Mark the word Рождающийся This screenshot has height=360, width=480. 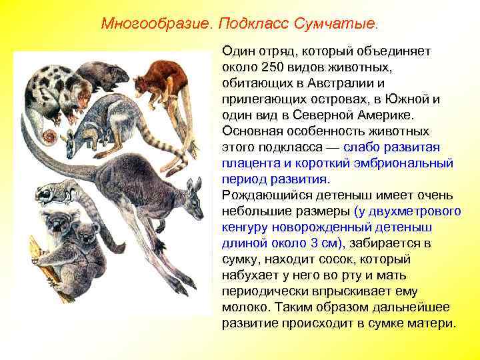point(262,195)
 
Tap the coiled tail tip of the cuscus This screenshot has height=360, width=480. point(48,137)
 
